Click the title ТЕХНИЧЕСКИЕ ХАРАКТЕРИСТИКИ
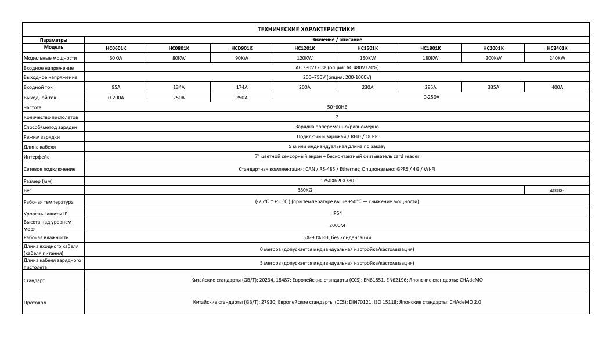click(x=306, y=29)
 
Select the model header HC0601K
click(x=116, y=48)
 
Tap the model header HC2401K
click(x=557, y=48)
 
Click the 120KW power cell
click(x=304, y=58)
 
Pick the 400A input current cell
click(x=557, y=87)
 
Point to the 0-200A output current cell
click(x=116, y=97)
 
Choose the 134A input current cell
click(x=179, y=87)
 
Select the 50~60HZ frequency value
click(x=337, y=107)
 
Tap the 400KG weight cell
click(x=557, y=190)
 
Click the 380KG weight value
click(x=304, y=190)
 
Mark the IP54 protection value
click(x=337, y=213)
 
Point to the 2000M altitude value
click(x=337, y=225)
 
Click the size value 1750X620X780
click(x=337, y=181)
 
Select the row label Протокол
click(x=35, y=303)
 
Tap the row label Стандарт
click(x=34, y=280)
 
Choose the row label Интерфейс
click(x=36, y=157)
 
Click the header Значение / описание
click(x=337, y=39)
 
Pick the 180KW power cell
click(x=430, y=58)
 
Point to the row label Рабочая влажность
click(x=46, y=237)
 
